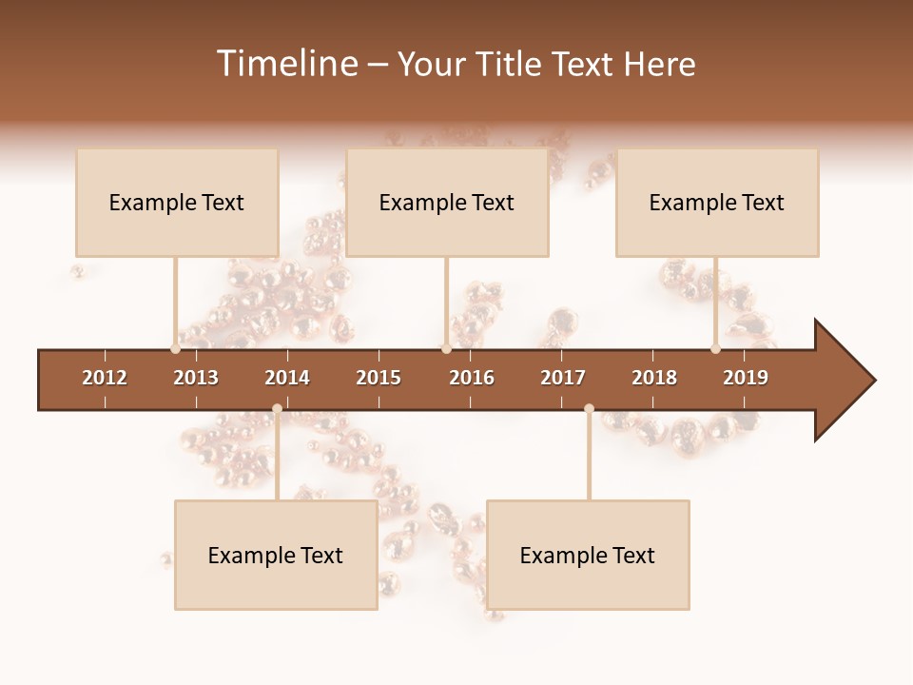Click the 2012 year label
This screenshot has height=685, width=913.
(105, 378)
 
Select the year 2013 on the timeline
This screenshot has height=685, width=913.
(196, 378)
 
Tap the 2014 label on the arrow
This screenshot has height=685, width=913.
(287, 378)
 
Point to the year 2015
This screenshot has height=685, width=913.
(379, 378)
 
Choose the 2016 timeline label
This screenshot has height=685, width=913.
(472, 378)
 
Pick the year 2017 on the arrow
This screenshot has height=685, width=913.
(563, 378)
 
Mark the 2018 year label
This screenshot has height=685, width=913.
(654, 378)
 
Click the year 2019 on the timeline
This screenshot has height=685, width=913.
(746, 378)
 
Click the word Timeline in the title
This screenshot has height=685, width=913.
(286, 64)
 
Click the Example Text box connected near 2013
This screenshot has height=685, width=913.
(177, 203)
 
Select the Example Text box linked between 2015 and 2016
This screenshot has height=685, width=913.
(447, 203)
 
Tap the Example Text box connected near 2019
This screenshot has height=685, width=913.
(717, 203)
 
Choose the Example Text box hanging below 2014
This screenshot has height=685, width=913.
(276, 556)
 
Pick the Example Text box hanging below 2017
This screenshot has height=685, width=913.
(588, 556)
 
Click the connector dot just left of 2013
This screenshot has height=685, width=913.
(176, 348)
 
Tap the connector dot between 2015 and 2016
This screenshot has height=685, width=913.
(446, 348)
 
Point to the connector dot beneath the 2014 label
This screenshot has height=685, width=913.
(277, 408)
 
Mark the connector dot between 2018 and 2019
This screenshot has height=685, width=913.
(715, 348)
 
